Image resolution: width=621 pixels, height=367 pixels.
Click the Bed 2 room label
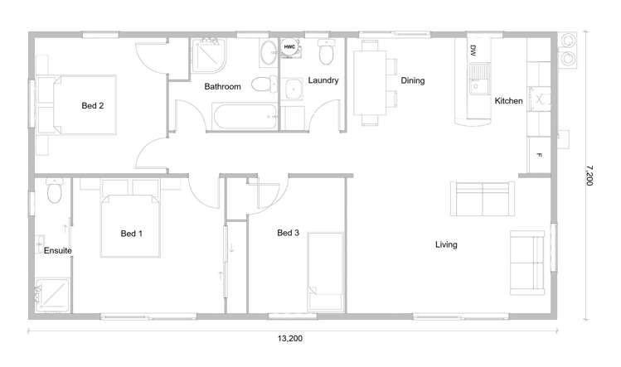point(93,106)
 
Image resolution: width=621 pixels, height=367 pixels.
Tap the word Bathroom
point(222,87)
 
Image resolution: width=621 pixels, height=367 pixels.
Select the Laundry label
point(323,80)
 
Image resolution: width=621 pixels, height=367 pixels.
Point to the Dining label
point(413,80)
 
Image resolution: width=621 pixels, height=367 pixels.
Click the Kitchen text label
point(508,101)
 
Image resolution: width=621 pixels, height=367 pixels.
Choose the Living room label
point(446,244)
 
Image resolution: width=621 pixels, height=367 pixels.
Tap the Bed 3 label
point(288,233)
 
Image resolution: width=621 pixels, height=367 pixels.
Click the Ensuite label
point(58,251)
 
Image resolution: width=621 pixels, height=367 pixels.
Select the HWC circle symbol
point(289,46)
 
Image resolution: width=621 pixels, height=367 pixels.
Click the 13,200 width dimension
point(290,339)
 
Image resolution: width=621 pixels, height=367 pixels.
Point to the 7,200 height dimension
point(589,176)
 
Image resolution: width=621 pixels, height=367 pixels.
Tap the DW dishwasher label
point(473,51)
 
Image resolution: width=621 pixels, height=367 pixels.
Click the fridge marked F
point(539,155)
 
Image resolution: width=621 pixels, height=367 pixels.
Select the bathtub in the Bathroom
point(245,116)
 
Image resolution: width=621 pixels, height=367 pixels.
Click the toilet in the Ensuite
point(54,191)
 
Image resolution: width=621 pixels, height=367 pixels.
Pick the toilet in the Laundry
point(327,52)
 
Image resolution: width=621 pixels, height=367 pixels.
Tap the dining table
point(370,83)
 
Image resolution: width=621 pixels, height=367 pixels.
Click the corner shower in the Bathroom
point(209,56)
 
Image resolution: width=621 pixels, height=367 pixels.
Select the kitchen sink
point(479,79)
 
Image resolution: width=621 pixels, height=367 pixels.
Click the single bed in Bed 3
point(326,272)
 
